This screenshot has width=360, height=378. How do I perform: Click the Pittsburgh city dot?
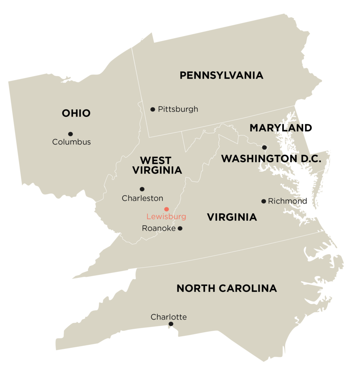pos(152,109)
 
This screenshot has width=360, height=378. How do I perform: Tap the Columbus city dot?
pos(70,134)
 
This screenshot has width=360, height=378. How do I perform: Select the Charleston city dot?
pos(142,189)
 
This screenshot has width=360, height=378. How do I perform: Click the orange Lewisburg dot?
pos(167,209)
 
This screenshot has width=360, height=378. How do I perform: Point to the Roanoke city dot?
pos(180,228)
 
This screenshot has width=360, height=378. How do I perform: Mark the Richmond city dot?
pos(264,201)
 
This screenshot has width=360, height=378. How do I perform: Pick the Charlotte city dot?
pos(171,324)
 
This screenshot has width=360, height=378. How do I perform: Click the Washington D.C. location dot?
pos(264,147)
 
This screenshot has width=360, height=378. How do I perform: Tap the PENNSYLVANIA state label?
pos(221,75)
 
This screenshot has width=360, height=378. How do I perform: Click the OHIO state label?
pos(76,113)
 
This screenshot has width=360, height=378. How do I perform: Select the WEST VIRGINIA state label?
pos(157,165)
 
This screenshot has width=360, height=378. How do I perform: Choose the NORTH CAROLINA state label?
pos(227,288)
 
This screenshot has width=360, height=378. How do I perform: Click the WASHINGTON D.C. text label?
pos(271,159)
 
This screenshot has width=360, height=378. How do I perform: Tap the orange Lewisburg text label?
pos(166,217)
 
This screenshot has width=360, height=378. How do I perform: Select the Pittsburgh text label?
pos(178,109)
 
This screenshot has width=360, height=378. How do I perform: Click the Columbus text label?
pos(71,142)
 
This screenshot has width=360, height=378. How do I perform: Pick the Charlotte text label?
pos(169,317)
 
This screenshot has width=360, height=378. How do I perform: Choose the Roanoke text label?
pos(159,228)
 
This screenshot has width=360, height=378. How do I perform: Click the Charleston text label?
pos(143,198)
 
